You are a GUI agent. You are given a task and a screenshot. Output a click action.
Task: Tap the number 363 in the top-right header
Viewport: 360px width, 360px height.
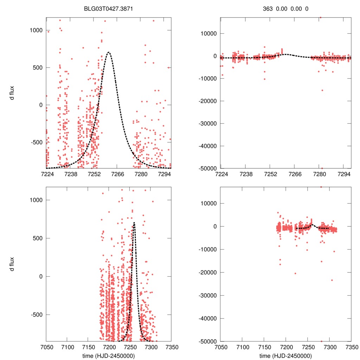pos(268,8)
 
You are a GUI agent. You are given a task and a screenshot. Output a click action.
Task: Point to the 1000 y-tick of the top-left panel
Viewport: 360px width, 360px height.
pos(36,30)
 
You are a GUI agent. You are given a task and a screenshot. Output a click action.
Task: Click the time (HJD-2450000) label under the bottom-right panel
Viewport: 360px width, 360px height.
pos(285,355)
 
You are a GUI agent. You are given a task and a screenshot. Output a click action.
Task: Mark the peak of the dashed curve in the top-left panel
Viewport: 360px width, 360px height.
pos(109,52)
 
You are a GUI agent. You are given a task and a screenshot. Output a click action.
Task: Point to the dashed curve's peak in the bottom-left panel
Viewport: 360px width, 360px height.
pos(134,223)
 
